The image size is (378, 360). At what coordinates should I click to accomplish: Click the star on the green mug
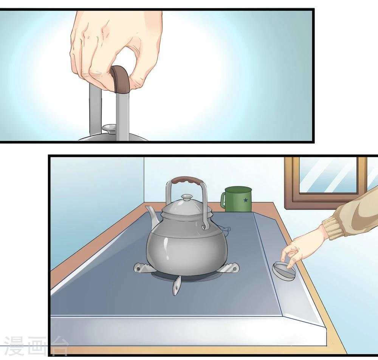coord(245,200)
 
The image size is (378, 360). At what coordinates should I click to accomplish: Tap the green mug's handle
coord(223,200)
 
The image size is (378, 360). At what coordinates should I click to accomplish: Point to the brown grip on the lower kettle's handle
coord(187,180)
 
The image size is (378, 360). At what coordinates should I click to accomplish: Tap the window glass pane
coord(328,175)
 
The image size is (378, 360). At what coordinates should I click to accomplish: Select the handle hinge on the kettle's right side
coord(205,227)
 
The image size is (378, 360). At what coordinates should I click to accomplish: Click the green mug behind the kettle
coord(236,199)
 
